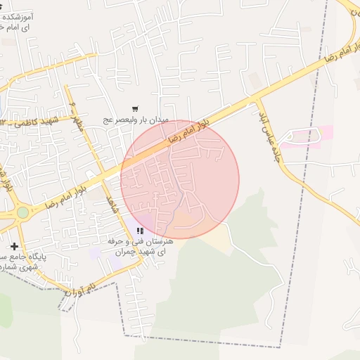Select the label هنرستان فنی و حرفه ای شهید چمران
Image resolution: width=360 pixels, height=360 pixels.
tap(135, 245)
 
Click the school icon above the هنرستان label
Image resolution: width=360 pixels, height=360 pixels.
tap(141, 230)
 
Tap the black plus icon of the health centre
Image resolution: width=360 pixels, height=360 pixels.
tap(15, 246)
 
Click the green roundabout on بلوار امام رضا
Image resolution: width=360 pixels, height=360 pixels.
tap(23, 212)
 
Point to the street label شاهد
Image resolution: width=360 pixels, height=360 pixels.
tap(110, 205)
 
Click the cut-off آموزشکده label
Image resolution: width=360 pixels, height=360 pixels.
tap(23, 20)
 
